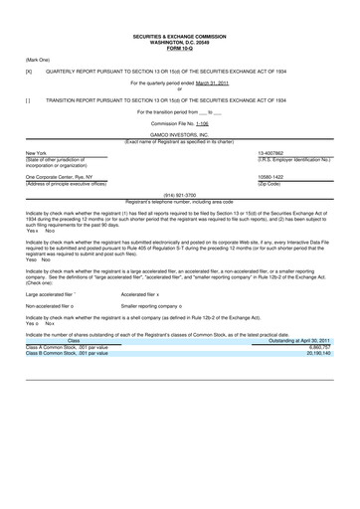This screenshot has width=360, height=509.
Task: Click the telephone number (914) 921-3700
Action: click(179, 196)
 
